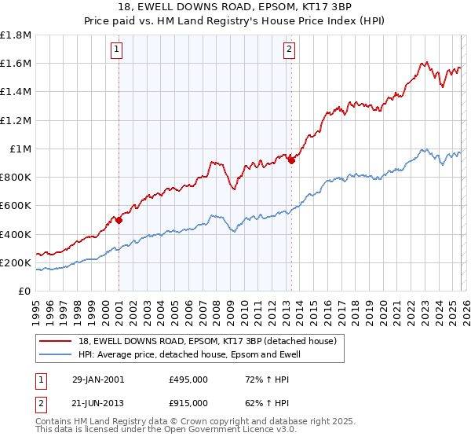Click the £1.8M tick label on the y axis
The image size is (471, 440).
16,35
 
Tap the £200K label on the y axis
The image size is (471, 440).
16,262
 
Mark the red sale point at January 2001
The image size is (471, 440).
119,221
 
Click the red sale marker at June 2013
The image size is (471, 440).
291,161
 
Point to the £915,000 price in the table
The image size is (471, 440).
188,402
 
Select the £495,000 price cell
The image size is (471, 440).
188,379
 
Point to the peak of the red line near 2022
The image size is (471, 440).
424,62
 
